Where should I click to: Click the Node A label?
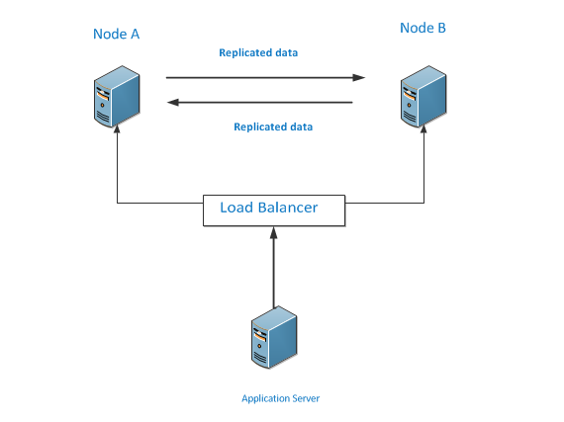(x=116, y=35)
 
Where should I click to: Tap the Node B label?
(x=423, y=28)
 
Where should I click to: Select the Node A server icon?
(x=117, y=96)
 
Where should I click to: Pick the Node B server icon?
(x=423, y=96)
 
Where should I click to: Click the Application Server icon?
(x=274, y=337)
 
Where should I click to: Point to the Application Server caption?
(x=281, y=398)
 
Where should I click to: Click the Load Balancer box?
(x=274, y=211)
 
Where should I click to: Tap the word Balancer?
(x=288, y=208)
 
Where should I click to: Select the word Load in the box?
(x=236, y=208)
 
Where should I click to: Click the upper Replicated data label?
(x=258, y=52)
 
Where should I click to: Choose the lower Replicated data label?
(x=273, y=127)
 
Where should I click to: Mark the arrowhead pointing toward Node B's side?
(x=358, y=77)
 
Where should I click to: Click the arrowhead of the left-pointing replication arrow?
(x=173, y=103)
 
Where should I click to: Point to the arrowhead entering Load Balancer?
(x=274, y=232)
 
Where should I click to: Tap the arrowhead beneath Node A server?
(x=117, y=128)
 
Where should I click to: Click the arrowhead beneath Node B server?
(x=423, y=128)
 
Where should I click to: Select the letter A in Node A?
(x=135, y=35)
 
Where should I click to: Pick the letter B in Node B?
(x=441, y=28)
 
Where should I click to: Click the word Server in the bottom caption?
(x=306, y=398)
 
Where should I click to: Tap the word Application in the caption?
(x=265, y=399)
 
